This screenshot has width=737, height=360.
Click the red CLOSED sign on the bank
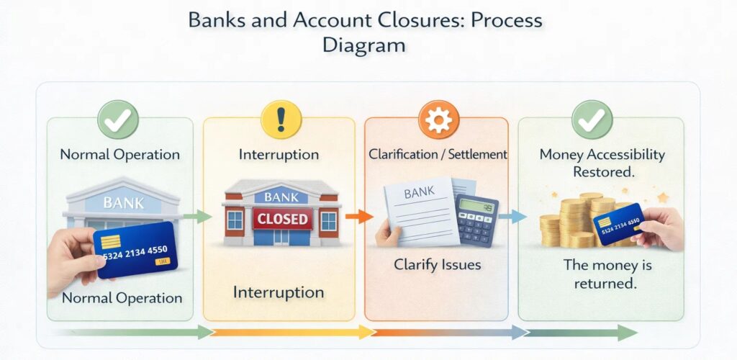coord(282,218)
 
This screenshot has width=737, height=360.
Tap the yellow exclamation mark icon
coord(279,119)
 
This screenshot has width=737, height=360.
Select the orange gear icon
coord(437,121)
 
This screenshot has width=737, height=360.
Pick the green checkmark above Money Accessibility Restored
coord(592,120)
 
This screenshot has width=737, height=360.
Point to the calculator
coord(476,220)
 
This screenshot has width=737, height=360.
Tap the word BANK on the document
coord(420,193)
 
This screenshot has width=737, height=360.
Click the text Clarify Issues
coord(438,265)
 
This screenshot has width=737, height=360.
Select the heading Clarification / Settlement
coord(438,154)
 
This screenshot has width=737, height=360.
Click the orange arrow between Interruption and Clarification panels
coord(359,216)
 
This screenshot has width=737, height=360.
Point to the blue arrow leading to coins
coord(514,215)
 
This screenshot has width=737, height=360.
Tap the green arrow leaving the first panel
coord(196,215)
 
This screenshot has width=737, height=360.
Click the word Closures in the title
coord(417,19)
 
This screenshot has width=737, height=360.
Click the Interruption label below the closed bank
coord(279,293)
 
